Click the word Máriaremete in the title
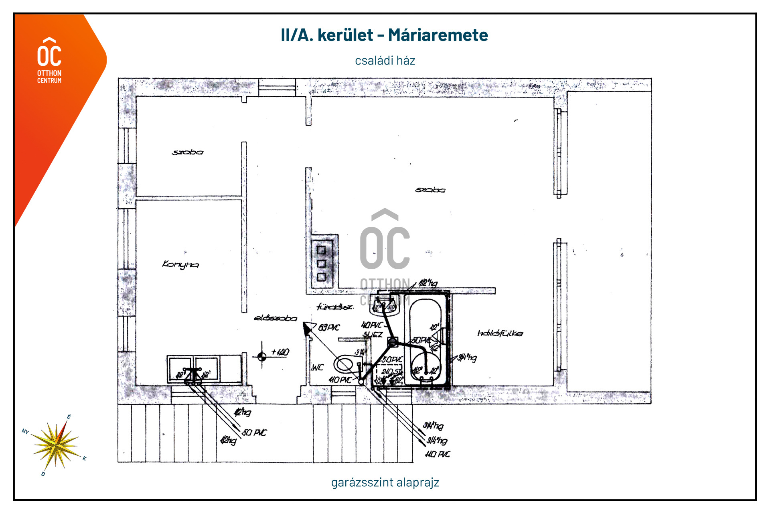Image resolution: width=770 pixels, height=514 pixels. [x=438, y=35]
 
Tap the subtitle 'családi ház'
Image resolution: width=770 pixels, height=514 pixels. [x=385, y=61]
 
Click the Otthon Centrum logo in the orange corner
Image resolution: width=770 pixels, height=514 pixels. [x=49, y=60]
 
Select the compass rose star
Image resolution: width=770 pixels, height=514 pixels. [x=56, y=445]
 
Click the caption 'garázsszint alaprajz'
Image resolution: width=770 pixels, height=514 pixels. [x=385, y=482]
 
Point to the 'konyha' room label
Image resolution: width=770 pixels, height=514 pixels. [x=180, y=264]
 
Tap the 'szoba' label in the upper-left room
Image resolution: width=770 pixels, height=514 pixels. [x=187, y=152]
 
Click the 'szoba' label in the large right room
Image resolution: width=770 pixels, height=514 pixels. [x=430, y=190]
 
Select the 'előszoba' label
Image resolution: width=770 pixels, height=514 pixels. [x=276, y=319]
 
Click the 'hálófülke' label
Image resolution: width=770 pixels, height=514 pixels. [x=500, y=333]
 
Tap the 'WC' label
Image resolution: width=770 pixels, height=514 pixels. [x=318, y=368]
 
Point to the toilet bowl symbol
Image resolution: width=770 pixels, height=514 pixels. [x=344, y=365]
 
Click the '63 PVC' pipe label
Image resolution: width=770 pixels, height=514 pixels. [x=329, y=328]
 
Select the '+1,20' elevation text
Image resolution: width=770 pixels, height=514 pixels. [x=280, y=352]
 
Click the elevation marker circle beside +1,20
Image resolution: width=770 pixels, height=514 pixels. [x=262, y=356]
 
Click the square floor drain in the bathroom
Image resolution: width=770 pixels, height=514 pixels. [x=393, y=342]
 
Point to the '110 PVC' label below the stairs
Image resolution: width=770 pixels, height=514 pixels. [x=438, y=454]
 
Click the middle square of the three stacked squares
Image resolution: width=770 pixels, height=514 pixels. [x=321, y=264]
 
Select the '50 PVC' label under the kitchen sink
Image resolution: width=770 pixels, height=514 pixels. [x=254, y=433]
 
